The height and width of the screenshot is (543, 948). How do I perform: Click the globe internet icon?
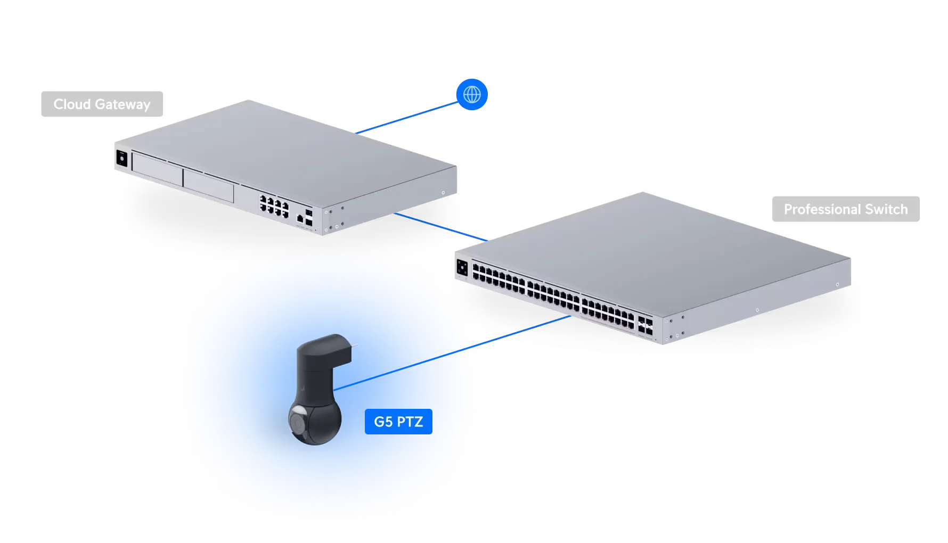point(472,95)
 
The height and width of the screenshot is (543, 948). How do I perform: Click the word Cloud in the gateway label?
point(72,104)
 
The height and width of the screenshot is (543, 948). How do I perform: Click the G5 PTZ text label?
point(398,422)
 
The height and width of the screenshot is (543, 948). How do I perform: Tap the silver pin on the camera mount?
point(354,345)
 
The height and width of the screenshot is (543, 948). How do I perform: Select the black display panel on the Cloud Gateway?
point(121,159)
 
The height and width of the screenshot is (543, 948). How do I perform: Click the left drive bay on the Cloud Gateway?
point(156,169)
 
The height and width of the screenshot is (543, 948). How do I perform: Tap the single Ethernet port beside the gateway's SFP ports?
point(300,218)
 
